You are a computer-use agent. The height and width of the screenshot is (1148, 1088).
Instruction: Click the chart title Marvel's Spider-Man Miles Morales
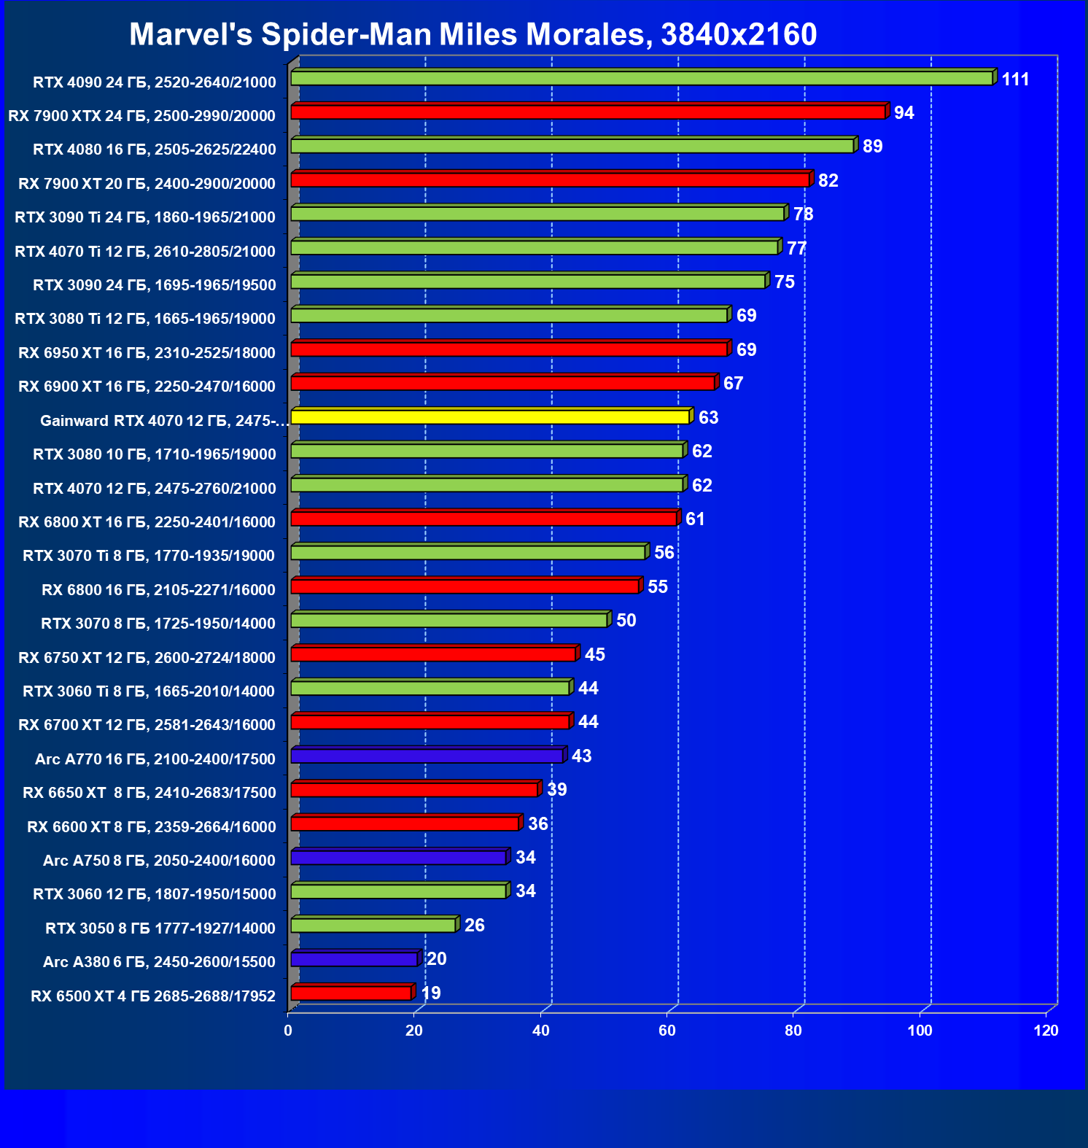point(473,34)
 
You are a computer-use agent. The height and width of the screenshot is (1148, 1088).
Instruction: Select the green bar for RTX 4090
point(642,78)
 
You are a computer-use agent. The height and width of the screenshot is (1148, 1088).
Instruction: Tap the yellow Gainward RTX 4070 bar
point(490,417)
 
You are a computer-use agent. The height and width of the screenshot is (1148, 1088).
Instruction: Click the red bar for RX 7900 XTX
point(588,112)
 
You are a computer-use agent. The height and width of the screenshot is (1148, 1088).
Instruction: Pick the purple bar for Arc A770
point(427,756)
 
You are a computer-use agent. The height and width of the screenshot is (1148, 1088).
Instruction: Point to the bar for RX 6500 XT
point(351,993)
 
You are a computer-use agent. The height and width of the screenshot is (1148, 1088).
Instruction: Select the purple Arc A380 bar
point(354,959)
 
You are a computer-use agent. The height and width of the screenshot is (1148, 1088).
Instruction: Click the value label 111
point(1015,79)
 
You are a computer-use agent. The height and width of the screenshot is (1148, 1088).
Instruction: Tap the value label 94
point(904,113)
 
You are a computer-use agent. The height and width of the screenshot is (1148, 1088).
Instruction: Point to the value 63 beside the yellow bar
point(708,418)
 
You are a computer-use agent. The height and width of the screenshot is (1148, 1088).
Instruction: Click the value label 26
point(474,926)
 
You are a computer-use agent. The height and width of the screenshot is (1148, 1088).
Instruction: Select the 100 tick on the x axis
point(920,1031)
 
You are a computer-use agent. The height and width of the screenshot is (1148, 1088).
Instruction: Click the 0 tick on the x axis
point(288,1031)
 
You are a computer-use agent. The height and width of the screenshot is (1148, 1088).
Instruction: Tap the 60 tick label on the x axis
point(667,1031)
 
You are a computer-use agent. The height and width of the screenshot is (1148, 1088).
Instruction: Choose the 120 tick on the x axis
point(1046,1031)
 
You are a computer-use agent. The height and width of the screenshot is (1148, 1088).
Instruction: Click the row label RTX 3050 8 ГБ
point(160,928)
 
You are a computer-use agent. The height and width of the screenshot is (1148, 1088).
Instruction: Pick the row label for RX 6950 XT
point(147,353)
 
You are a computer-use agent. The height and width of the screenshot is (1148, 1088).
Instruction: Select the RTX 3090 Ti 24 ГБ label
point(145,217)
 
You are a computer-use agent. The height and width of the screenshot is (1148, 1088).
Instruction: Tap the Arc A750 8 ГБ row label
point(159,861)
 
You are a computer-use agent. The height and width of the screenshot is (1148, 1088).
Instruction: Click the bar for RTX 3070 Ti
point(468,552)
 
